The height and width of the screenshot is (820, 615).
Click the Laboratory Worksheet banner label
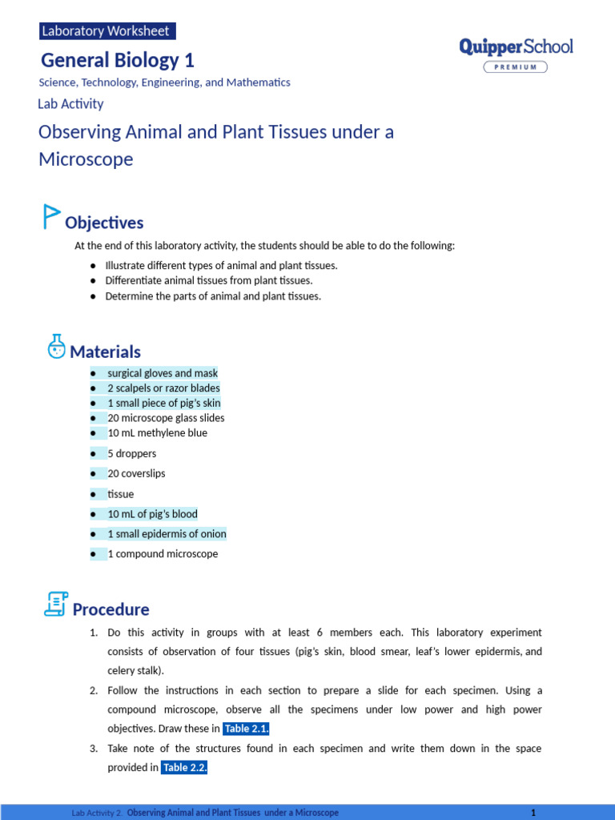pyautogui.click(x=106, y=31)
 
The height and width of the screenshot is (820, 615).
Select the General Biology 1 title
pyautogui.click(x=117, y=60)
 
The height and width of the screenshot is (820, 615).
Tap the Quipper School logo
pyautogui.click(x=516, y=46)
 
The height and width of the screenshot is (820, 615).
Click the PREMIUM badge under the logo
pyautogui.click(x=516, y=66)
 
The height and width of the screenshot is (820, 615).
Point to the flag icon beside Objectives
pyautogui.click(x=51, y=217)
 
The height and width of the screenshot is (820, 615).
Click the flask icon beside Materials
pyautogui.click(x=56, y=347)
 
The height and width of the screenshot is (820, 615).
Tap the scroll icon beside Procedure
pyautogui.click(x=55, y=605)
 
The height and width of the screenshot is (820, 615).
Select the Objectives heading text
pyautogui.click(x=104, y=223)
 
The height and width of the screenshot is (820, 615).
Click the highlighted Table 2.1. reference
pyautogui.click(x=246, y=729)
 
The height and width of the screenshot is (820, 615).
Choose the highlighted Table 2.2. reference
pyautogui.click(x=184, y=767)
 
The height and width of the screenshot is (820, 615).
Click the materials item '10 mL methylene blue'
pyautogui.click(x=157, y=433)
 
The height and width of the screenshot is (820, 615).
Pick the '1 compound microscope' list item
pyautogui.click(x=163, y=554)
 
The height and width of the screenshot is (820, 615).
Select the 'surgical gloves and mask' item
pyautogui.click(x=163, y=373)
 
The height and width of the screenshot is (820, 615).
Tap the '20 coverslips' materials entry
pyautogui.click(x=136, y=473)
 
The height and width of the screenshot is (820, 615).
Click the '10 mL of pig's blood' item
pyautogui.click(x=152, y=514)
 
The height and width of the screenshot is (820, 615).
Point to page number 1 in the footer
pyautogui.click(x=533, y=812)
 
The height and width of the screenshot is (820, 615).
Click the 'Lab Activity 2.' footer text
pyautogui.click(x=97, y=812)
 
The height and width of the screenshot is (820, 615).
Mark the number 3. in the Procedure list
pyautogui.click(x=94, y=749)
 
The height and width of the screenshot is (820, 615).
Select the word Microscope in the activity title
pyautogui.click(x=86, y=159)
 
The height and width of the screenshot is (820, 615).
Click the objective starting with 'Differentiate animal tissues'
pyautogui.click(x=209, y=280)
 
